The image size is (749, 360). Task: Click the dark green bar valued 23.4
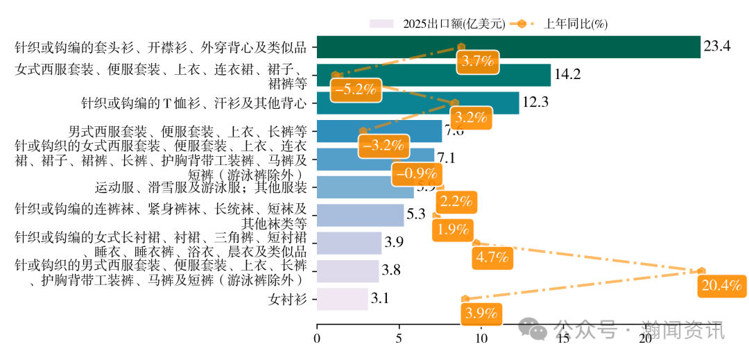coord(508,47)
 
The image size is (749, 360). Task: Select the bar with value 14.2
coord(433,75)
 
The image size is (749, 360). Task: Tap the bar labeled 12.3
coord(417,103)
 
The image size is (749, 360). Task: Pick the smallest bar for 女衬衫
coord(342,299)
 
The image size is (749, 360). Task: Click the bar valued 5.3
coord(360,215)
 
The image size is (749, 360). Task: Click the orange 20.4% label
coord(721,285)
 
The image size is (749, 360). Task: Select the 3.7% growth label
coord(477,61)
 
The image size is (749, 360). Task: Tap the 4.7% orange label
coord(493,258)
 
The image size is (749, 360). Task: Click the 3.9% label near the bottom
coord(482,313)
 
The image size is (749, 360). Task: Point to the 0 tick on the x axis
coord(317,338)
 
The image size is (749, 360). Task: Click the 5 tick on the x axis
coord(399,338)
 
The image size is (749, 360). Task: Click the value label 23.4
coord(717,47)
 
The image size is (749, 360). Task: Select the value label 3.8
coord(392,271)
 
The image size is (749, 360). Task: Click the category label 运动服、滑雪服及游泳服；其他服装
coord(200,187)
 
